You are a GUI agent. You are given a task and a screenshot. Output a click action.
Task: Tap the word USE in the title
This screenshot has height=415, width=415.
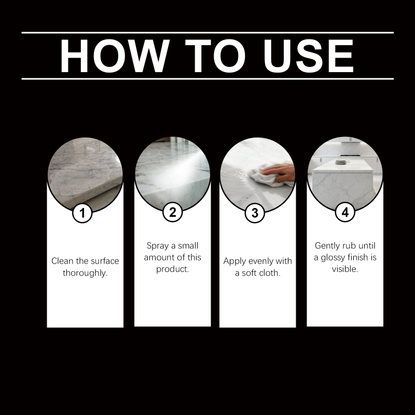pyautogui.click(x=308, y=56)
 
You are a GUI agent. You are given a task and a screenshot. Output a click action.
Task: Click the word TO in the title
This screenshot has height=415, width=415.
pyautogui.click(x=216, y=56)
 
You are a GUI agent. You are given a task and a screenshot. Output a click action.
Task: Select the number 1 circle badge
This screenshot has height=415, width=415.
pyautogui.click(x=82, y=213)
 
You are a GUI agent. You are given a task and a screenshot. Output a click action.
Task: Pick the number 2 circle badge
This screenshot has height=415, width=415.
pyautogui.click(x=173, y=212)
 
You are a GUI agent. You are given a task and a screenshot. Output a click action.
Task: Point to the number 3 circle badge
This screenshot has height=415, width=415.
pyautogui.click(x=255, y=213)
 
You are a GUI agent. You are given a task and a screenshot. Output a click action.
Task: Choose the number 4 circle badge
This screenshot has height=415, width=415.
pyautogui.click(x=345, y=212)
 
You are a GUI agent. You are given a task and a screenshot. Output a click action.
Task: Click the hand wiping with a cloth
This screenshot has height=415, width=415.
pyautogui.click(x=281, y=172)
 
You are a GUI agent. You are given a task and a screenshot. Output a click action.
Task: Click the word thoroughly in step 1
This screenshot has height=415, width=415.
pyautogui.click(x=85, y=273)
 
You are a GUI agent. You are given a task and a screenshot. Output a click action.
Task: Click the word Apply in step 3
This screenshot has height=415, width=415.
pyautogui.click(x=235, y=261)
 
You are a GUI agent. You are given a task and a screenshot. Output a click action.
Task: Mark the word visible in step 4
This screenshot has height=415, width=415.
pyautogui.click(x=345, y=269)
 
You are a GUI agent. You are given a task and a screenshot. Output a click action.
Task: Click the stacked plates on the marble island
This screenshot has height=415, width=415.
pyautogui.click(x=341, y=162)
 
